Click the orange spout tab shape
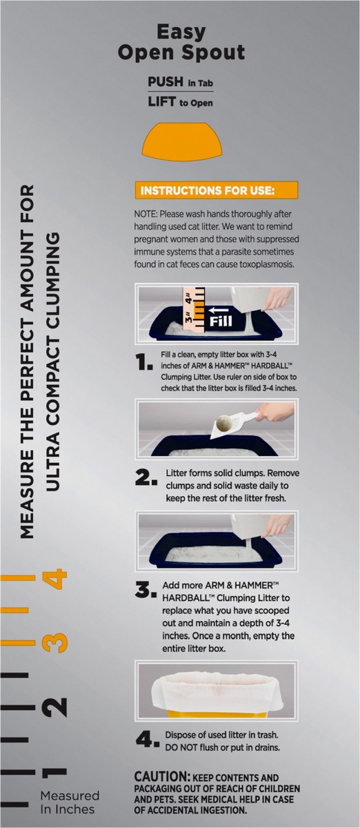[182, 142]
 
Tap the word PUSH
[166, 81]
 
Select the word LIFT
[161, 101]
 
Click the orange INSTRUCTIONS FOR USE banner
[217, 190]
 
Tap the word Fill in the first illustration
[221, 321]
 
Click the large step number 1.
[144, 362]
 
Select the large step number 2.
[146, 478]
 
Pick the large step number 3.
[146, 590]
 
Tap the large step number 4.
[148, 739]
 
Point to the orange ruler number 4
[55, 579]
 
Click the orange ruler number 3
[55, 643]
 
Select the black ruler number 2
[54, 707]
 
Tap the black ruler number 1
[54, 772]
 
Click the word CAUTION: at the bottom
[162, 777]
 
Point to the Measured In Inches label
[70, 802]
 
